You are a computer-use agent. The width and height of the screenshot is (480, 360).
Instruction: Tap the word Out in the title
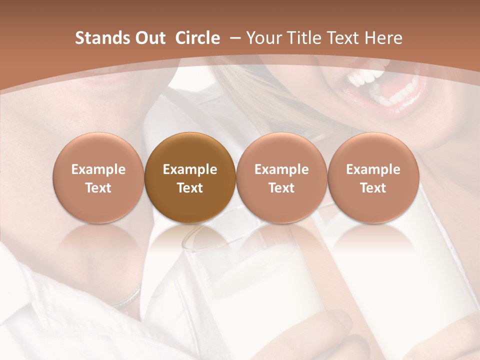pyautogui.click(x=149, y=38)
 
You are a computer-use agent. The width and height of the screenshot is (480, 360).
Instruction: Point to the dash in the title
pyautogui.click(x=233, y=38)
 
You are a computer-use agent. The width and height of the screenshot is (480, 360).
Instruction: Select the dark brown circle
pyautogui.click(x=190, y=178)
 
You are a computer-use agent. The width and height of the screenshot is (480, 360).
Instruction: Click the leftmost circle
pyautogui.click(x=98, y=178)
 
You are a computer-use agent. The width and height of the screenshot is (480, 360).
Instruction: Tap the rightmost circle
pyautogui.click(x=373, y=178)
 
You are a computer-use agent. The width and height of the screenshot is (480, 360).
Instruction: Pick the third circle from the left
pyautogui.click(x=281, y=178)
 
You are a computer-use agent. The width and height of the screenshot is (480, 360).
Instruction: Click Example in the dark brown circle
pyautogui.click(x=190, y=169)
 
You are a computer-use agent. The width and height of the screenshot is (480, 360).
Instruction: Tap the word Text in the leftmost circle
pyautogui.click(x=98, y=188)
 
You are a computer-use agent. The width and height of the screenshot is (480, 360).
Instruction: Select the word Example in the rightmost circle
pyautogui.click(x=373, y=169)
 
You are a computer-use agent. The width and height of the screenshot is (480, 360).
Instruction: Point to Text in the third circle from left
pyautogui.click(x=281, y=188)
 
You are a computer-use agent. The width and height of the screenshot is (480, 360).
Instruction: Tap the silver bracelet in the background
pyautogui.click(x=128, y=297)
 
